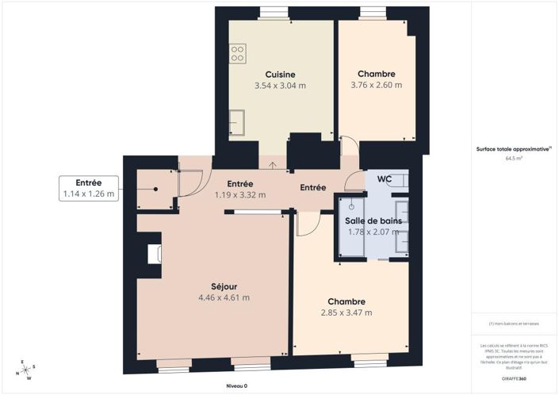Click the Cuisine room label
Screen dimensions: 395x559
280,74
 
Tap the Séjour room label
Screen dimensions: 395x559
224,286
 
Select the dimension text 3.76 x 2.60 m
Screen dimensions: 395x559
377,85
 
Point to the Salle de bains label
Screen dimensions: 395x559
373,220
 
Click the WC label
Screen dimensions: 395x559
385,178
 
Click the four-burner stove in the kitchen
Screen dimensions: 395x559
237,53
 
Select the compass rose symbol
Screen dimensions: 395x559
25,369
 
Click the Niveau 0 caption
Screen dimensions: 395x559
235,386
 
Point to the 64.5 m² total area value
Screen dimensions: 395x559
514,158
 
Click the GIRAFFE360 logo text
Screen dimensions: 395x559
514,379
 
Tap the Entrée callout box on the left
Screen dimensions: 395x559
88,187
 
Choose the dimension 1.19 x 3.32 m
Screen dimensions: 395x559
239,194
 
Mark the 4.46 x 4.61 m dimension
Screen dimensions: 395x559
224,297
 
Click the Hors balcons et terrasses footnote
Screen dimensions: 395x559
514,324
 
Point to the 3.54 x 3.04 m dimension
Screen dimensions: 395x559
280,85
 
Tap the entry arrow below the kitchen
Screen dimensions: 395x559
273,165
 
